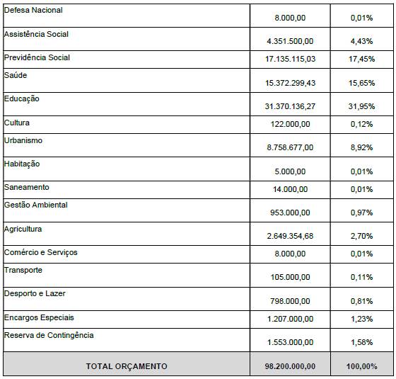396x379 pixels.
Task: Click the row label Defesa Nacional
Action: click(33, 10)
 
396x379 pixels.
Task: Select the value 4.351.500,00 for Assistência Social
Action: click(290, 41)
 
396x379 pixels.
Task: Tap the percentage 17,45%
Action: click(361, 59)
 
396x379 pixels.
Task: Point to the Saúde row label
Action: click(16, 75)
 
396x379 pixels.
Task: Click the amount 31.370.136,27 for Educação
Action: click(290, 106)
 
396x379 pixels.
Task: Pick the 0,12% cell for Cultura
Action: click(361, 124)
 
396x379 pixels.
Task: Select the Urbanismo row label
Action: click(23, 140)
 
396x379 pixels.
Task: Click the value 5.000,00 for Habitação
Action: click(290, 171)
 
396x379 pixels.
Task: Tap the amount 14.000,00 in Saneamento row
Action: click(290, 189)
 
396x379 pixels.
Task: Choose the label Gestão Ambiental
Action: click(35, 205)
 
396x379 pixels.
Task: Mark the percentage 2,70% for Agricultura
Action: click(361, 236)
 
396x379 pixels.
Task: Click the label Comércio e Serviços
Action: click(41, 252)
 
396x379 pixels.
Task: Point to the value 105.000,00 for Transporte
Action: click(290, 277)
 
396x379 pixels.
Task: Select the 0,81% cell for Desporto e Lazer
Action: click(361, 301)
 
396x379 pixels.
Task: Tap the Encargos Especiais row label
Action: click(39, 318)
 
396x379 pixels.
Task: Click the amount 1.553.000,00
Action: click(290, 342)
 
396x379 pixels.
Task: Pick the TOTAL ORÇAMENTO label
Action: click(127, 366)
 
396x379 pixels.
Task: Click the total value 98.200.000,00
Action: click(290, 366)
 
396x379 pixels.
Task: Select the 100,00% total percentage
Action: click(361, 366)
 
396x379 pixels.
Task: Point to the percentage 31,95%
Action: click(361, 106)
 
